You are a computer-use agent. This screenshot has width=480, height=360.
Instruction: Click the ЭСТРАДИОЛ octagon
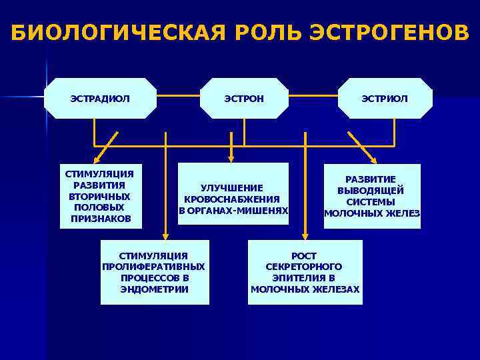100,99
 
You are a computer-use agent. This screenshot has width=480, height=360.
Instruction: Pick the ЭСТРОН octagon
244,99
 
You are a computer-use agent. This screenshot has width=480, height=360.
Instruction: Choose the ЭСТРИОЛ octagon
385,99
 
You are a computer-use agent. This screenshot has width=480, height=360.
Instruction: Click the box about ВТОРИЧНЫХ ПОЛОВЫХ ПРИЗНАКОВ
100,196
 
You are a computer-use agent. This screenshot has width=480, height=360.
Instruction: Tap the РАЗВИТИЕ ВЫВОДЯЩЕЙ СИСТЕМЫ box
372,196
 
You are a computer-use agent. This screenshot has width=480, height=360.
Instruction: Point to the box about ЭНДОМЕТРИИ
154,273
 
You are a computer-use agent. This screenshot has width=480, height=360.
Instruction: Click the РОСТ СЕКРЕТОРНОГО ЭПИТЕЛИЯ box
305,273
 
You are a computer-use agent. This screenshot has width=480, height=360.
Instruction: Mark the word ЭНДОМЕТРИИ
154,289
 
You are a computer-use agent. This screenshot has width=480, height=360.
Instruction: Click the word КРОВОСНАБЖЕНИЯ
232,199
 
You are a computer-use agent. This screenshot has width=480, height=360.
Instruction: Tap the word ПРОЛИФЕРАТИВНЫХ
154,267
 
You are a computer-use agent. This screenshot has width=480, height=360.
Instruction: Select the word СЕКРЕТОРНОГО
305,267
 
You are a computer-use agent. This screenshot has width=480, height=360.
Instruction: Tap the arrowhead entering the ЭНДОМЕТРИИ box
165,235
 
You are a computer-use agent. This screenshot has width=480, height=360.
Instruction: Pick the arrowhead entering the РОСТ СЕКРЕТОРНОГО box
305,235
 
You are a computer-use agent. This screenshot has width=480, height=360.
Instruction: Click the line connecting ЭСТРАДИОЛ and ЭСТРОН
179,98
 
